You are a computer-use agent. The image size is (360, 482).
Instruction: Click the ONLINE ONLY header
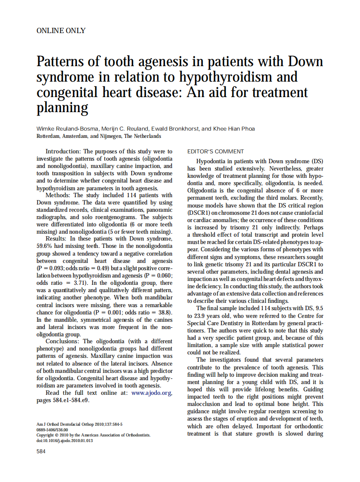click(61, 31)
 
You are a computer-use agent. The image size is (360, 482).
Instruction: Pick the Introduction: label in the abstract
click(63, 151)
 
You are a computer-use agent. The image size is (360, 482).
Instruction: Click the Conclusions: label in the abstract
click(65, 342)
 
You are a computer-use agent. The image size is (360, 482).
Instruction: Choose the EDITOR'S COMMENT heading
click(216, 151)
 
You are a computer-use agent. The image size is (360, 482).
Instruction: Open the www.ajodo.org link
click(151, 393)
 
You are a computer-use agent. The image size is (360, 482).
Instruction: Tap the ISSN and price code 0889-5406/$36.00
click(52, 429)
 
